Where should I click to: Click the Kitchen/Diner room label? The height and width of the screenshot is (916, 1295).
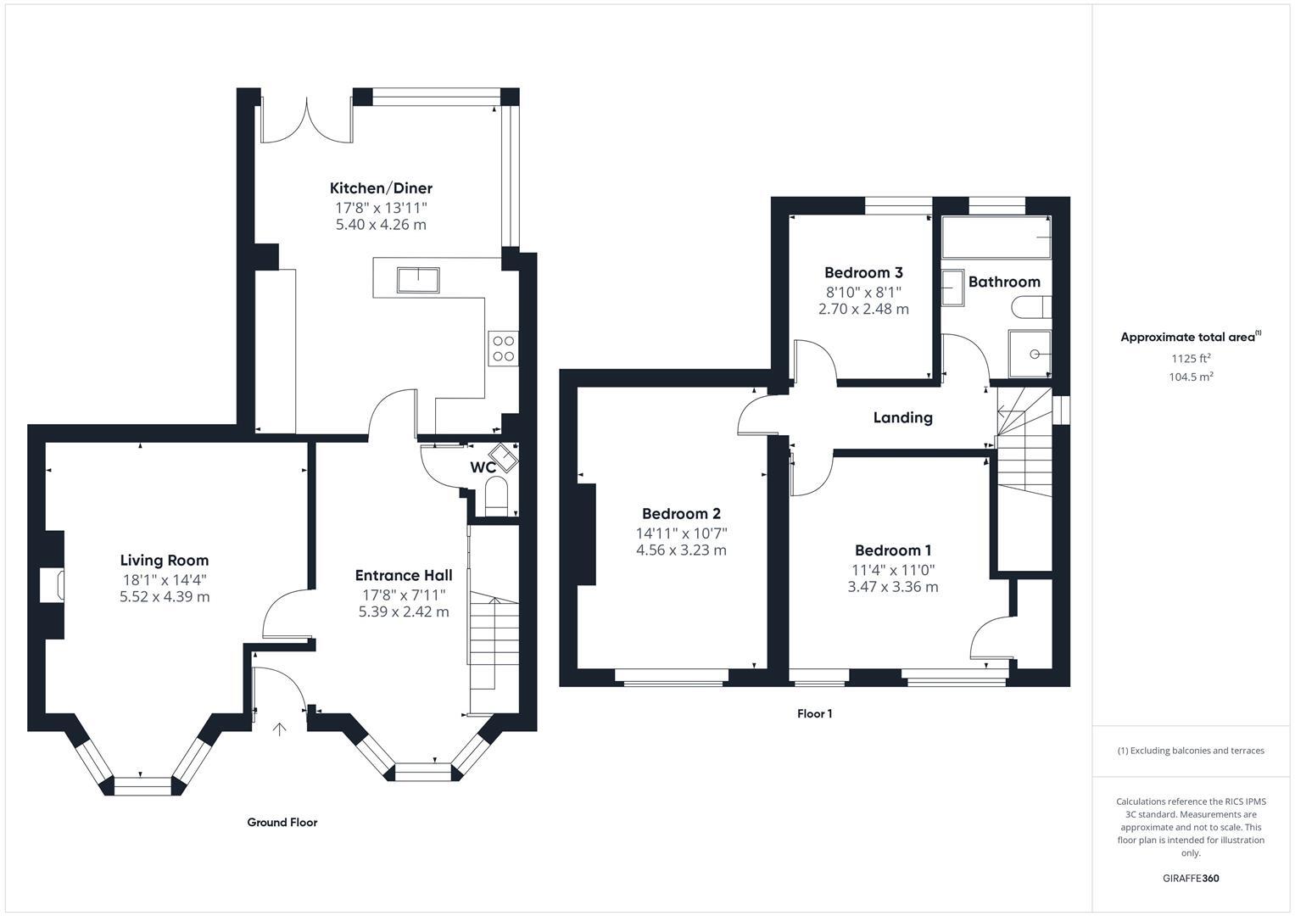point(381,188)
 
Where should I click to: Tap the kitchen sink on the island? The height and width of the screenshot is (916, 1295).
point(418,279)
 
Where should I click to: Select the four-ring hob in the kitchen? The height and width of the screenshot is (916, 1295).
point(503,349)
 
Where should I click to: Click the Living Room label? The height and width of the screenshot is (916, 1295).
point(165,560)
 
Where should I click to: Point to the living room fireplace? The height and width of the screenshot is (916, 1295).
point(52,585)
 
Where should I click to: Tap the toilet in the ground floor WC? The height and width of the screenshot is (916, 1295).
point(495,495)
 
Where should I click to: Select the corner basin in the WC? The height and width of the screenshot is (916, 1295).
point(506,458)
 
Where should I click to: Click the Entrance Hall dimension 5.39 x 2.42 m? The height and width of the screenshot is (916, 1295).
point(404,612)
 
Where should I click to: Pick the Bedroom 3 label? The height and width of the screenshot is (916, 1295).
point(863,272)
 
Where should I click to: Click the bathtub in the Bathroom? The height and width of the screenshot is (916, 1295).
point(996,237)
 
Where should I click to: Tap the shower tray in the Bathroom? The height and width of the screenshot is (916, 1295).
point(1030,354)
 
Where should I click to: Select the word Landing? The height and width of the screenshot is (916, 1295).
point(902,417)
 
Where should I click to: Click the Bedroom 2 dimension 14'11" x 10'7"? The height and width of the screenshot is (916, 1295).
point(681,533)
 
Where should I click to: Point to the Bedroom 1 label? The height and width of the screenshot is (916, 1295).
point(893,550)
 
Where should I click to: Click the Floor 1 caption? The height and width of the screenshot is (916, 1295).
point(814,714)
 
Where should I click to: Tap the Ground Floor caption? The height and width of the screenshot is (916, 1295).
point(282,822)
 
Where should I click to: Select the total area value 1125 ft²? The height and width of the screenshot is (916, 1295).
point(1191,358)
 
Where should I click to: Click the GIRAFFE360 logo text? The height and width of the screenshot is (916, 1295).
point(1191,878)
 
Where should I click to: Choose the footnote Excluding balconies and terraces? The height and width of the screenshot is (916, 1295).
point(1191,751)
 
